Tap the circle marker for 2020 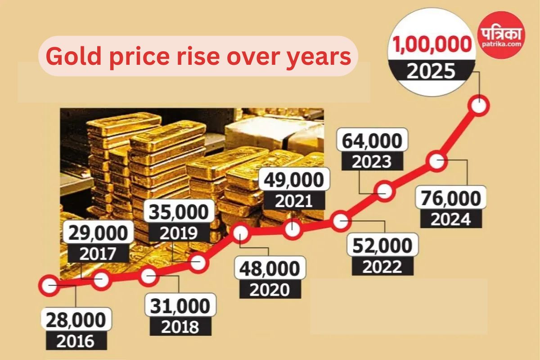(x=241, y=234)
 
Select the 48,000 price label (x=270, y=269)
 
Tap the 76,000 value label (x=451, y=199)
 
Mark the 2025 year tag (x=432, y=71)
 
